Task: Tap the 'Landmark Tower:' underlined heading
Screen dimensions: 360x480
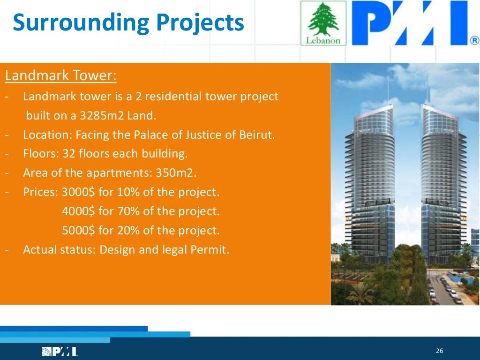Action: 60,75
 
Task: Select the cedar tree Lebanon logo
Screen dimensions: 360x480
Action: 323,22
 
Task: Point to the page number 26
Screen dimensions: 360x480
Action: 439,352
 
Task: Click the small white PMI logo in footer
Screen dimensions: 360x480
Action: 60,352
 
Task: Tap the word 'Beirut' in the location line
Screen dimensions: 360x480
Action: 258,135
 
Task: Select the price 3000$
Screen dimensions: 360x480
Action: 78,192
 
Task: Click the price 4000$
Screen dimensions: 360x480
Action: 78,211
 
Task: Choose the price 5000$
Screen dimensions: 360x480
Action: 78,231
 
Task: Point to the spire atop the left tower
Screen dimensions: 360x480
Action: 388,89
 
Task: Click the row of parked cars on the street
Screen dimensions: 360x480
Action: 441,286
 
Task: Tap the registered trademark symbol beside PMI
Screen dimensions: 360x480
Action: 474,41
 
